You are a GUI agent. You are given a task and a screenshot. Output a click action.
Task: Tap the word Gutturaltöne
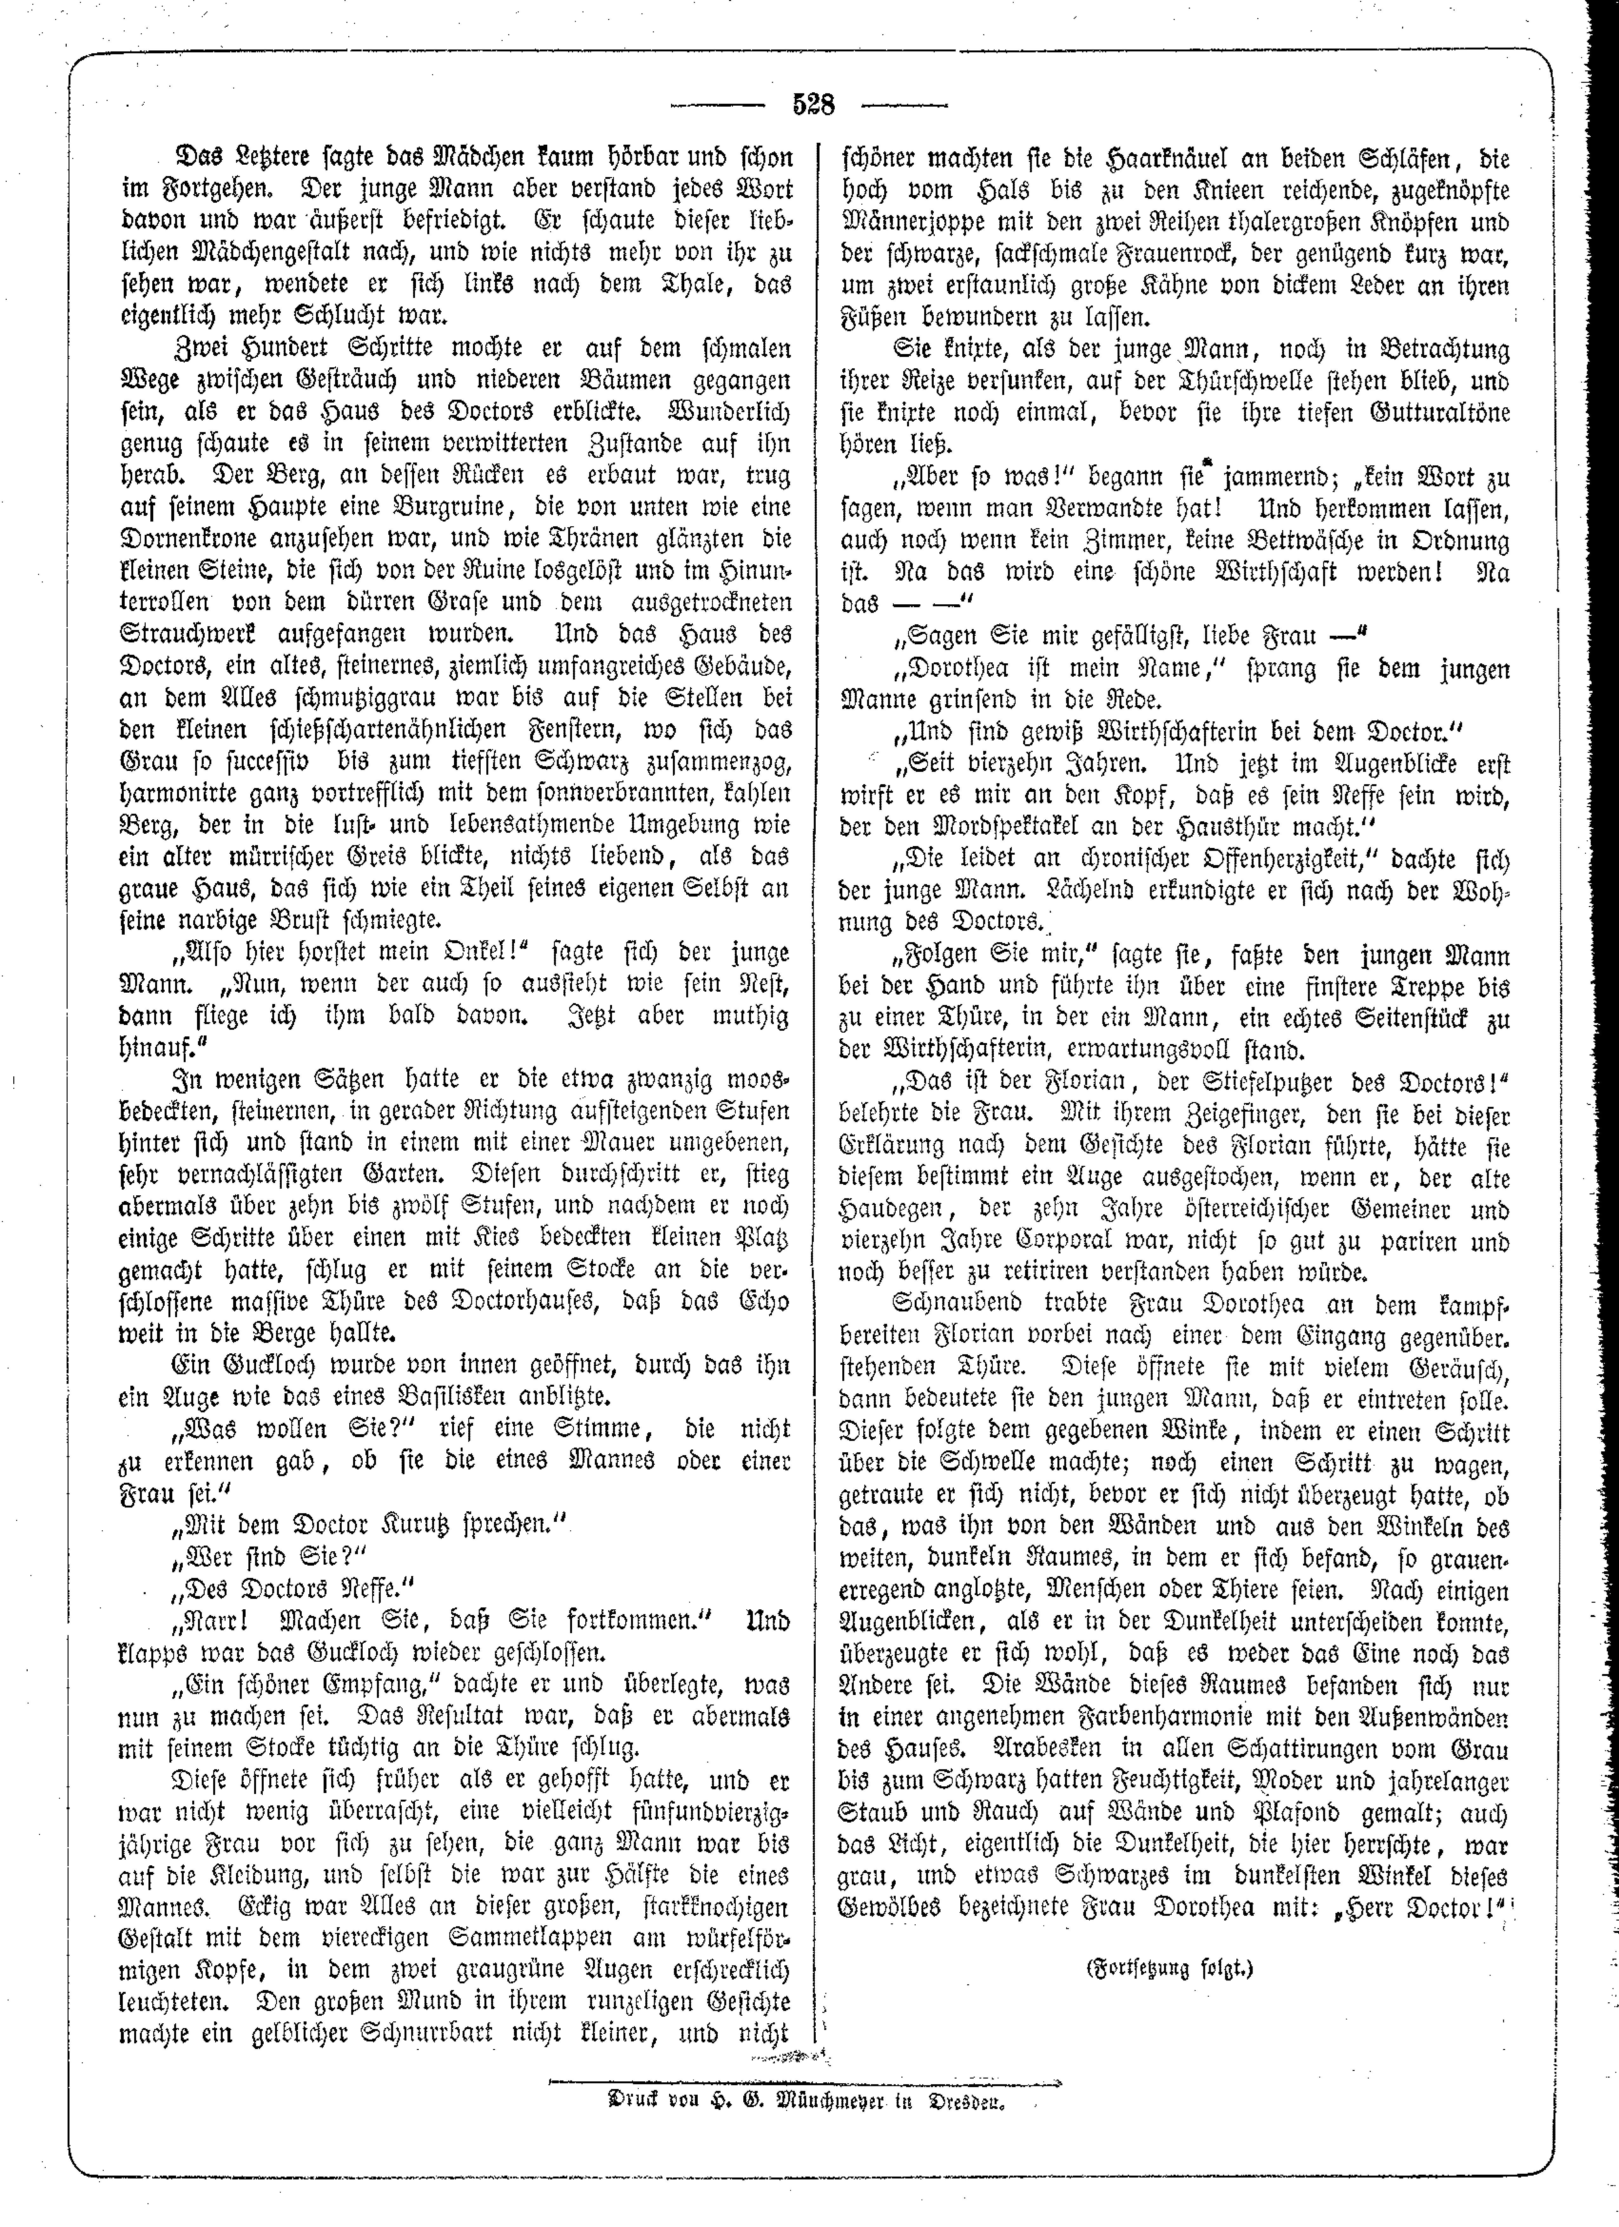1430,413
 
